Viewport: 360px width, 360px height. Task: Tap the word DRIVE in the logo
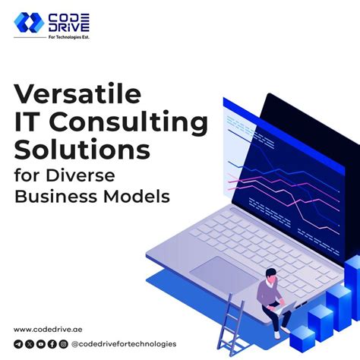[x=71, y=29]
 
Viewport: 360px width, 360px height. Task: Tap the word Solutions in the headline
[x=82, y=149]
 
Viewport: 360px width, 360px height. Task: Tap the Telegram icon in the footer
[x=17, y=344]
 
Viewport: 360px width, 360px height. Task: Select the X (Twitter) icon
[x=29, y=344]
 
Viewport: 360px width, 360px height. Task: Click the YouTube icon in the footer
[x=40, y=344]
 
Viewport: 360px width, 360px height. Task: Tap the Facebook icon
[x=52, y=344]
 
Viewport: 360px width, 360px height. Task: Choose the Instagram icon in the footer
[x=63, y=344]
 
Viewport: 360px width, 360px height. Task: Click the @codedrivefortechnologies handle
[x=123, y=344]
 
